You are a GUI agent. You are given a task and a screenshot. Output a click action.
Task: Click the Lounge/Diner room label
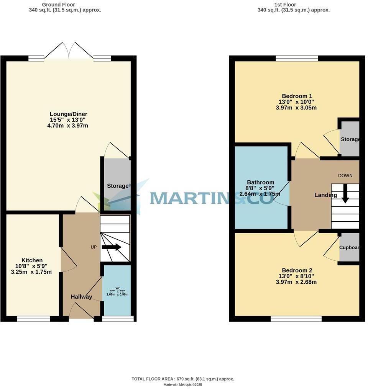click(69, 114)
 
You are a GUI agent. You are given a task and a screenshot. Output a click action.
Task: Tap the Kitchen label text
click(32, 260)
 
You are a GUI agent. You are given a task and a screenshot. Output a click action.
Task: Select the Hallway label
click(81, 297)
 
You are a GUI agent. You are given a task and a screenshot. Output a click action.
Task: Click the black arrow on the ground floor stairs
click(112, 247)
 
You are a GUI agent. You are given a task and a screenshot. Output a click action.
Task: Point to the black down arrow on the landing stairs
click(345, 193)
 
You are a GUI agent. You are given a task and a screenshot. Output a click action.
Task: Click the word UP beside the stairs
click(94, 247)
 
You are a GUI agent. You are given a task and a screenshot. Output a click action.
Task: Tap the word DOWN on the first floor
click(345, 176)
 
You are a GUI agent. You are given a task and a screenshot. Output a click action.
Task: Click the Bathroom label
click(261, 182)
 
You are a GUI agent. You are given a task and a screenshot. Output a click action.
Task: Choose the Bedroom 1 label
click(297, 96)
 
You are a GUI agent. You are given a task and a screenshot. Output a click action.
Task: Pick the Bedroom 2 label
click(297, 270)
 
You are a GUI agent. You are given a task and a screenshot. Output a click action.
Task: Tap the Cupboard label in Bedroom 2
click(350, 248)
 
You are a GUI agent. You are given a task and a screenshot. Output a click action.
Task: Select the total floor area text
click(182, 379)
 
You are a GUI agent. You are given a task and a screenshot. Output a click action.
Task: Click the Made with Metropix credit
click(182, 385)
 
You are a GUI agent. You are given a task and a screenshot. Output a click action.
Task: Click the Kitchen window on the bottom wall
click(34, 319)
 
